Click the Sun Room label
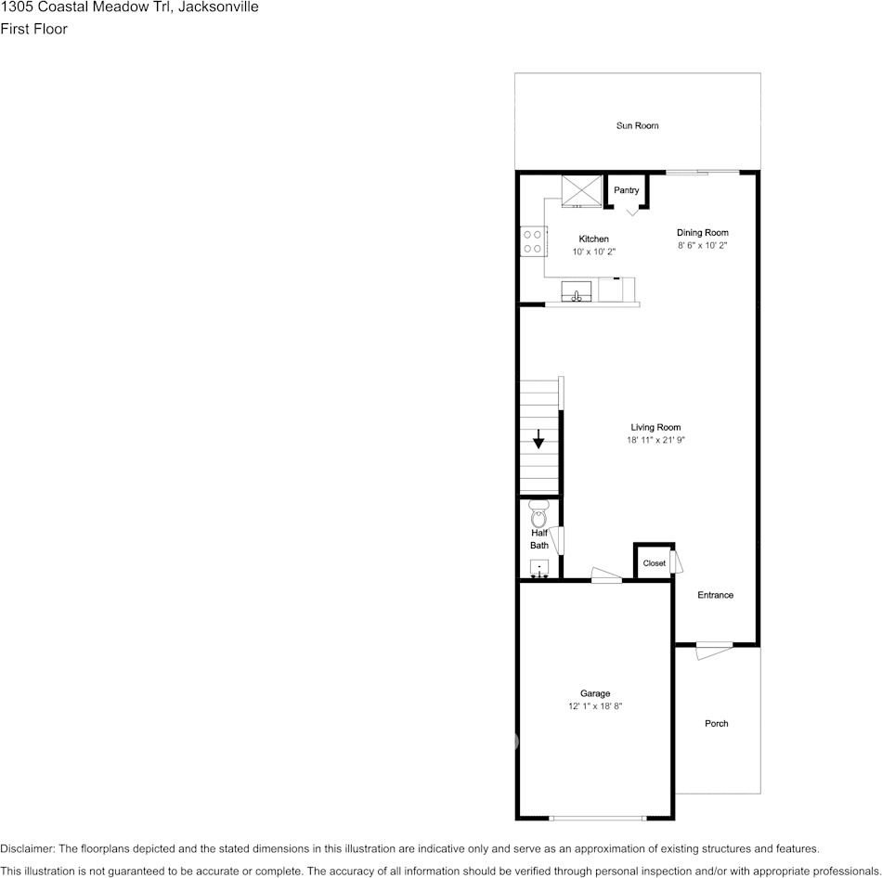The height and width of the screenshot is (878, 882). [x=637, y=125]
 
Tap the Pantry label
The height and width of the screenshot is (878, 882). [x=627, y=190]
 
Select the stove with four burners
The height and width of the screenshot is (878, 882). [x=532, y=241]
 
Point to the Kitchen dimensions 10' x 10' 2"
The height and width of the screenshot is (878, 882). [x=594, y=252]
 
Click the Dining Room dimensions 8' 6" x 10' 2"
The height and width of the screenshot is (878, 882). [x=702, y=246]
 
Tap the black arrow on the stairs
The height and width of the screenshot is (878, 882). [x=538, y=439]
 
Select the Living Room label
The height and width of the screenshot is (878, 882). [x=655, y=428]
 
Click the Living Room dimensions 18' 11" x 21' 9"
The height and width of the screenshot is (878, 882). [x=655, y=440]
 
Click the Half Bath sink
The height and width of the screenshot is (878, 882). [x=539, y=568]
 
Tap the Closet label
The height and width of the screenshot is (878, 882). [x=654, y=563]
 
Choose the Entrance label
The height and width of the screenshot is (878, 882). [x=715, y=595]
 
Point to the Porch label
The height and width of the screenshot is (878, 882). [x=716, y=723]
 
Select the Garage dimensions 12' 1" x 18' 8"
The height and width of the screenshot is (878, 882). [x=595, y=706]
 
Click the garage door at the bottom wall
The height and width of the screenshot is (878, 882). [x=596, y=818]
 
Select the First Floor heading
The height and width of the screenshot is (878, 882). [x=33, y=29]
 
